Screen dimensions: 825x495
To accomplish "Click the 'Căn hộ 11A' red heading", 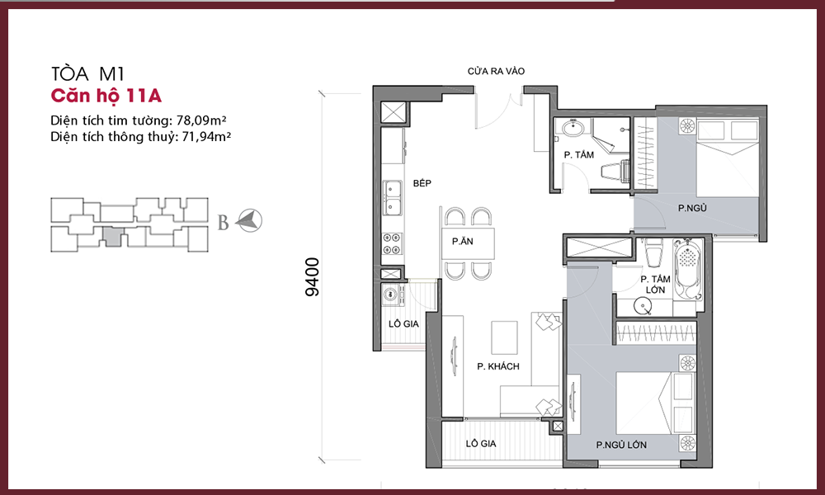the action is (106, 96).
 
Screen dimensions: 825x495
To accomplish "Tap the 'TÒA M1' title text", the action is (87, 73).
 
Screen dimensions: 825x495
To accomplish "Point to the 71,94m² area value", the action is (206, 137).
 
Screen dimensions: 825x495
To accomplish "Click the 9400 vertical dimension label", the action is (312, 277).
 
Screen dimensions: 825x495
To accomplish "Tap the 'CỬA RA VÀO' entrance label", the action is (496, 71).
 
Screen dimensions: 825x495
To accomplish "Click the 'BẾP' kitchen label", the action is (422, 183).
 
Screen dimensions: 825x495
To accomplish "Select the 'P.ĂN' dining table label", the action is (463, 242).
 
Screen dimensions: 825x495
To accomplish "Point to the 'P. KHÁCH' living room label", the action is (497, 366).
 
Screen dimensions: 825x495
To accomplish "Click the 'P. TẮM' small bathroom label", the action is (579, 154).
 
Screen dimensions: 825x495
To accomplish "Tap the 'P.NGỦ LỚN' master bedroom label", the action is (621, 445).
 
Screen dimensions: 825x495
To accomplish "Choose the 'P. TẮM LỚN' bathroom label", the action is (655, 285).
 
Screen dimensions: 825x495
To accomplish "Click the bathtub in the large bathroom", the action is (688, 271).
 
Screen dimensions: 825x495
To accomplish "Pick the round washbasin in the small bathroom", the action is (570, 128).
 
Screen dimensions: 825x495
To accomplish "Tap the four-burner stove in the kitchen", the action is (391, 243).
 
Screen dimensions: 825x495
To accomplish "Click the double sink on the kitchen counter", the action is (391, 198).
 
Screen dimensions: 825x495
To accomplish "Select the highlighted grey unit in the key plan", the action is (111, 236).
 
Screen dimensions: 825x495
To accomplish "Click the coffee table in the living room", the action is (505, 337).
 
